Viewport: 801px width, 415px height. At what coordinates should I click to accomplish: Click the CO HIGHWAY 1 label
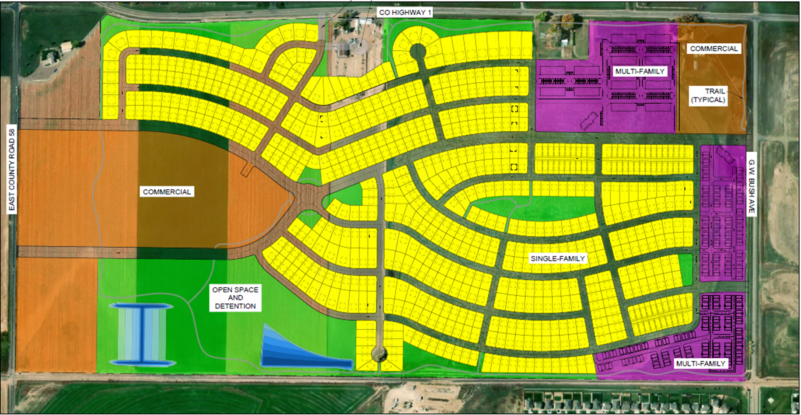click(405, 13)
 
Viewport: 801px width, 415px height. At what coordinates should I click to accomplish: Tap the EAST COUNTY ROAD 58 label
click(12, 169)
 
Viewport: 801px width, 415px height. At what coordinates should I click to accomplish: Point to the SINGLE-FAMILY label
click(557, 258)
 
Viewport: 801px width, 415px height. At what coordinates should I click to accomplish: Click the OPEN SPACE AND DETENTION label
click(235, 298)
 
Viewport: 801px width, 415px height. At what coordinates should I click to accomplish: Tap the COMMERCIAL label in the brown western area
click(167, 192)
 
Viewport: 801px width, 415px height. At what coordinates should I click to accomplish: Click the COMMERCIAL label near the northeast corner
click(714, 49)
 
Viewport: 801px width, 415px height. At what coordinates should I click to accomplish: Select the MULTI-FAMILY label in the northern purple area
click(640, 71)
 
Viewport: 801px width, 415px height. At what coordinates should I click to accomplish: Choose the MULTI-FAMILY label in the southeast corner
click(700, 363)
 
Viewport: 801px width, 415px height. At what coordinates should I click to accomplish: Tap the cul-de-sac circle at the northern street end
click(418, 52)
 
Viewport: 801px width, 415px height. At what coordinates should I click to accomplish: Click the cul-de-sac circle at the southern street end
click(379, 353)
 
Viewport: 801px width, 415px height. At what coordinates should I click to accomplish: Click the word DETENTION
click(235, 306)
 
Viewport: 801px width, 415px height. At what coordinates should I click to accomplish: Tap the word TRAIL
click(715, 91)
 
